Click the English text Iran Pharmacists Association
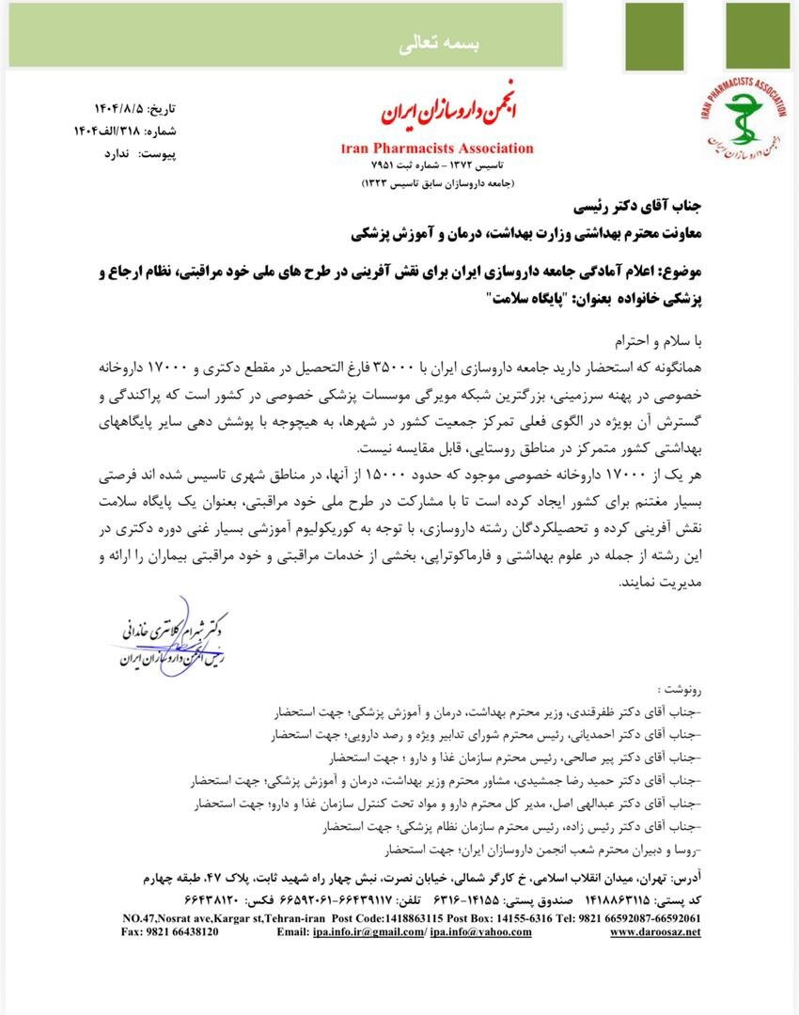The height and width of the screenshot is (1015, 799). click(437, 148)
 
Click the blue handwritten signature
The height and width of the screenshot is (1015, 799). click(169, 633)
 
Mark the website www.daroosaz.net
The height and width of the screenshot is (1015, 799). click(655, 932)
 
